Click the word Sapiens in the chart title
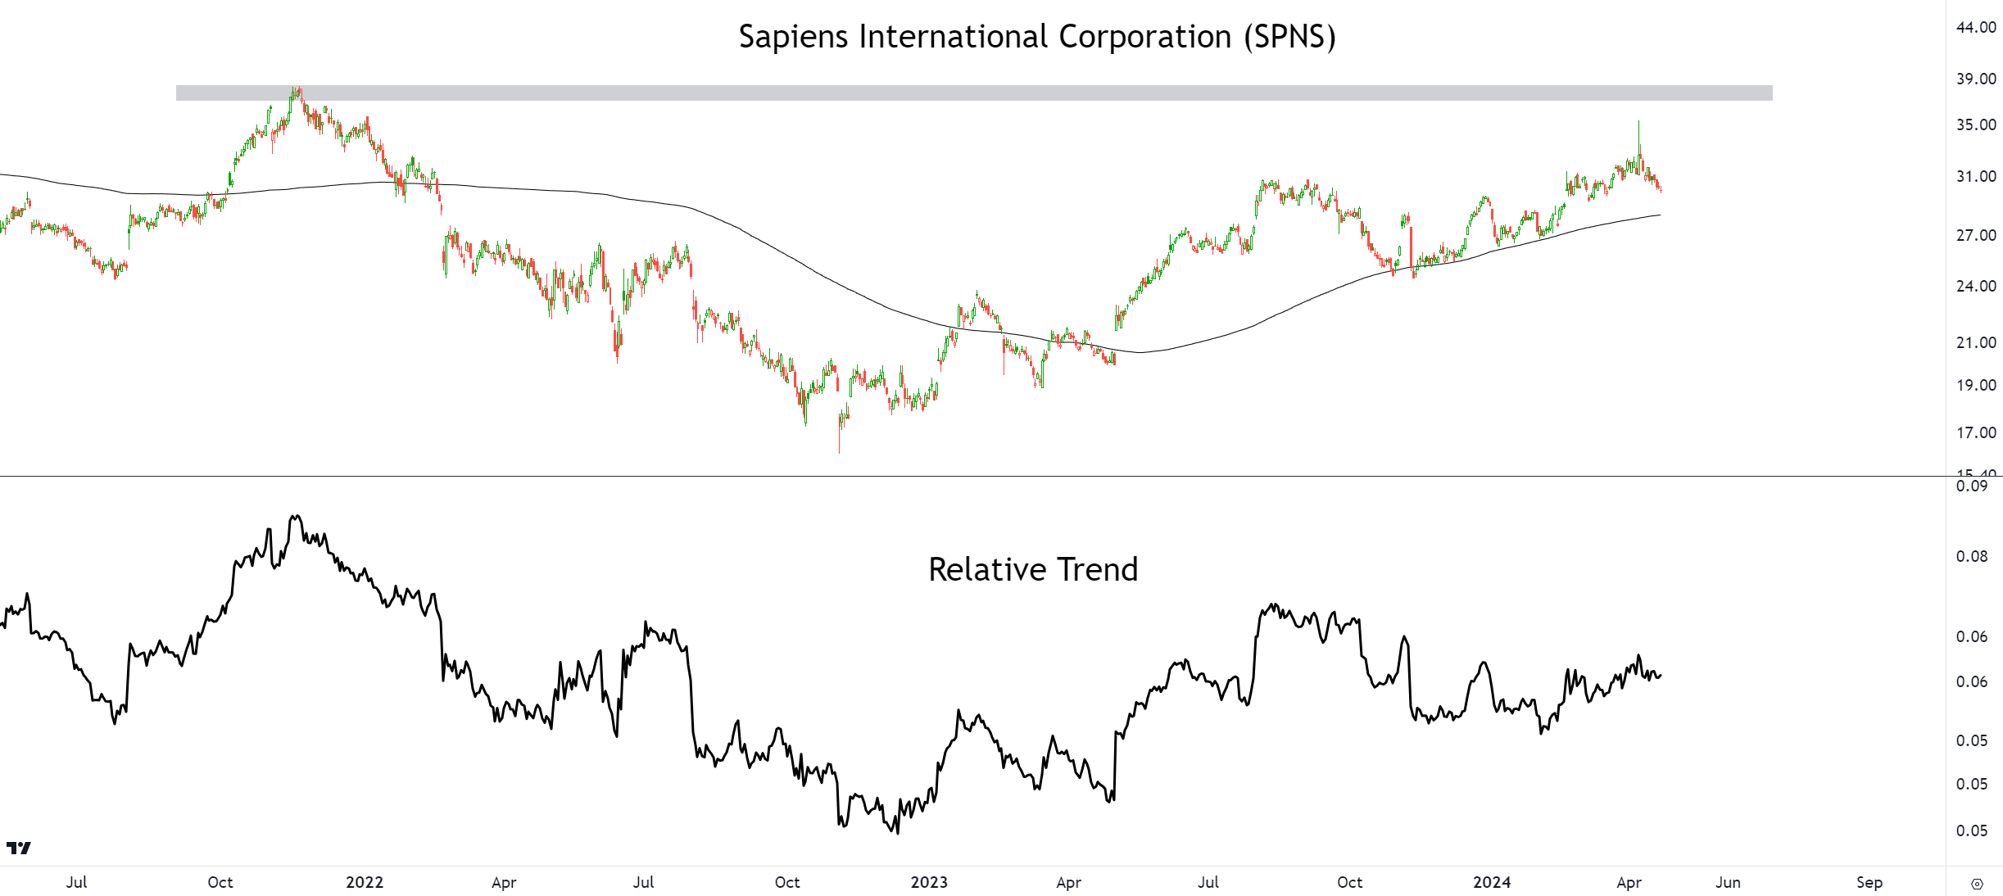[x=793, y=37]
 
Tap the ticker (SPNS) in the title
[x=1289, y=37]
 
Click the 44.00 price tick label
[x=1976, y=27]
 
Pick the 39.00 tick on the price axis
[x=1976, y=79]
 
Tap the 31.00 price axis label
[x=1976, y=176]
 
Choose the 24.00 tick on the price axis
[x=1976, y=286]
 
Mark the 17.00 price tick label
[x=1976, y=432]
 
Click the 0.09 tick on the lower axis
[x=1972, y=486]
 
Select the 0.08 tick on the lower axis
[x=1972, y=557]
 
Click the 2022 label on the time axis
[x=365, y=882]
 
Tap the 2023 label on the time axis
[x=929, y=882]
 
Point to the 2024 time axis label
[x=1492, y=882]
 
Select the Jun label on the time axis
[x=1728, y=882]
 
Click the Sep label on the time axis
[x=1869, y=882]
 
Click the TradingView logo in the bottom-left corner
[x=18, y=848]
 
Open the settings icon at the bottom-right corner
[x=1977, y=884]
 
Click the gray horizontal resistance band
[x=973, y=93]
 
